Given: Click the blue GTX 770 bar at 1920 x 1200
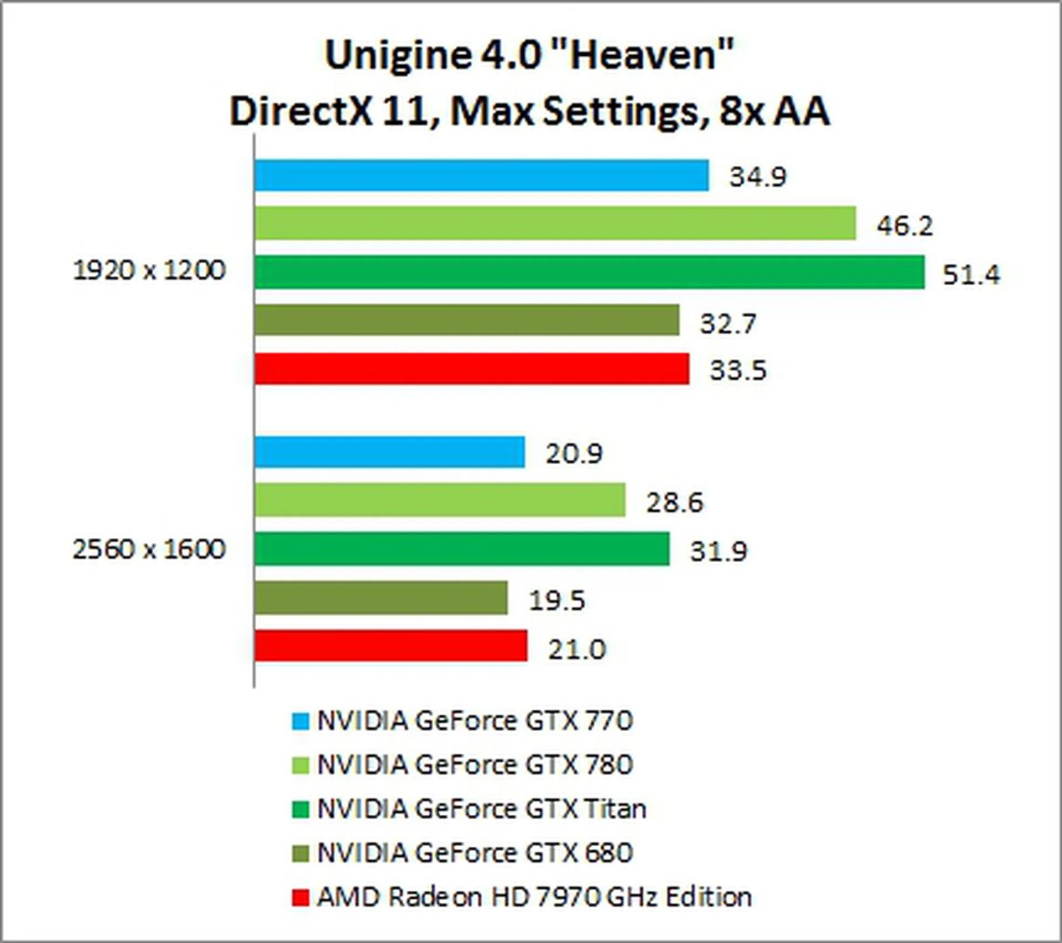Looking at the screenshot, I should click(481, 175).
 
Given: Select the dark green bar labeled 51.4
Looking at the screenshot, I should click(589, 272).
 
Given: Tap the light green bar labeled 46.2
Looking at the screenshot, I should click(555, 223).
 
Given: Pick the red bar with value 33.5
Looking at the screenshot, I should click(472, 369).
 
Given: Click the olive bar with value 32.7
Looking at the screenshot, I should click(467, 320).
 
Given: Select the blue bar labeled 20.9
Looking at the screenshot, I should click(389, 452).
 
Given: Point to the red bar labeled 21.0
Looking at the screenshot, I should click(391, 646).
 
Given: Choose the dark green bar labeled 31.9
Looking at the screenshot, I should click(462, 549).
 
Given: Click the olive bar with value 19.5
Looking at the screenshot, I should click(381, 598).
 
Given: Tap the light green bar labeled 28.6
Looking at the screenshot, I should click(440, 500).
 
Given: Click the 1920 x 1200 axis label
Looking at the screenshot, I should click(149, 271).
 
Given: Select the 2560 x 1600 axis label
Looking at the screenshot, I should click(149, 549).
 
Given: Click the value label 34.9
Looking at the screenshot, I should click(757, 177).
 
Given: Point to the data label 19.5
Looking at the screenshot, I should click(556, 600).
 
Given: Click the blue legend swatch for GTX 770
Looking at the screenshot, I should click(300, 721).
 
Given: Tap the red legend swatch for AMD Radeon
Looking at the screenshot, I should click(300, 897).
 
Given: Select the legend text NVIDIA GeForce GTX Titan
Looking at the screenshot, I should click(481, 809).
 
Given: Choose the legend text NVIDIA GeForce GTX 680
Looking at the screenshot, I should click(475, 853).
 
